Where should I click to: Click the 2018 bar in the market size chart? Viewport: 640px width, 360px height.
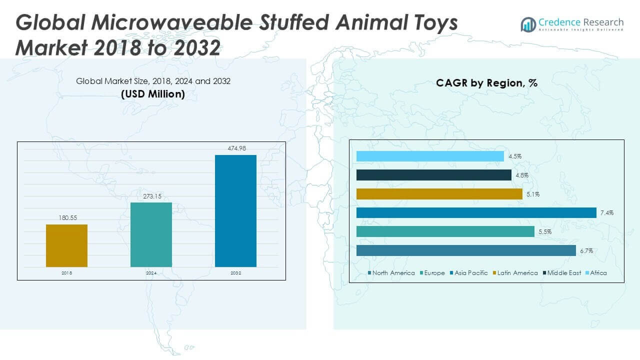66,245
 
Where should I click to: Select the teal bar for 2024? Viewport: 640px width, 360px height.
151,234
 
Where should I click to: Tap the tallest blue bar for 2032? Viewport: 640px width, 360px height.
235,210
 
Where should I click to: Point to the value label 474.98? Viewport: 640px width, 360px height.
236,148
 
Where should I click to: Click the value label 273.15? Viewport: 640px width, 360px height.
151,196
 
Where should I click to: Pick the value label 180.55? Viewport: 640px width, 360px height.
66,217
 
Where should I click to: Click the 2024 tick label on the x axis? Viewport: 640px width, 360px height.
151,273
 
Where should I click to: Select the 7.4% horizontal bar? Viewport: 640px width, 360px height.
476,213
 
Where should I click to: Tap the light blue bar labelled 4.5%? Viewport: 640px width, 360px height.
430,156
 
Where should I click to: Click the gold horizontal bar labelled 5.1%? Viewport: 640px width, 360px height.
439,194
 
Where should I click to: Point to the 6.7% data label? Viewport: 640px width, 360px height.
586,251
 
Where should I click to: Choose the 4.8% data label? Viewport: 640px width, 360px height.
521,175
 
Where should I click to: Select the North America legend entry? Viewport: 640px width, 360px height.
391,273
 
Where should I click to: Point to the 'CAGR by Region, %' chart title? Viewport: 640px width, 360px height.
486,83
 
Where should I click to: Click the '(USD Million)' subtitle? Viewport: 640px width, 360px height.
153,94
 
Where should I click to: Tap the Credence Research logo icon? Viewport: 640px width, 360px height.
528,24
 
